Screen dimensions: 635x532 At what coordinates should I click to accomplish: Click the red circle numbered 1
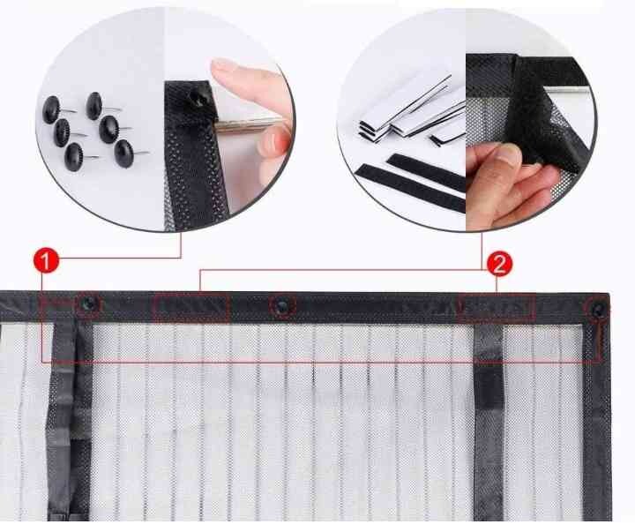click(46, 261)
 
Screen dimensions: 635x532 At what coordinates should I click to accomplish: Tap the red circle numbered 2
click(499, 264)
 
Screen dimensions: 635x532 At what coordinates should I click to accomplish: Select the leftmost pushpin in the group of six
click(51, 109)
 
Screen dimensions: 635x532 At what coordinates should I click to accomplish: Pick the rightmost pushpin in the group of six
click(124, 154)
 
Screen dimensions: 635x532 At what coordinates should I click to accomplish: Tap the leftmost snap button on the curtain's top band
click(88, 303)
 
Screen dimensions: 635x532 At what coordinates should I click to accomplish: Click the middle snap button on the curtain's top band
click(281, 305)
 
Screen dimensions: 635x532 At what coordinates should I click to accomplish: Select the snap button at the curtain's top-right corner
click(598, 310)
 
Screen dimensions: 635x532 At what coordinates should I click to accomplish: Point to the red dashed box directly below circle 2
click(497, 308)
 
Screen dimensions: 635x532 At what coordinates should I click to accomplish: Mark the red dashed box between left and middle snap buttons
click(191, 307)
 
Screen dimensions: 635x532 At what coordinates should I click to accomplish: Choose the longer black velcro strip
click(410, 188)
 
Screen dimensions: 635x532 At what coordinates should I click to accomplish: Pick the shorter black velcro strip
click(425, 171)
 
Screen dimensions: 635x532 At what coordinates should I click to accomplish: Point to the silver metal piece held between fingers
click(247, 124)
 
